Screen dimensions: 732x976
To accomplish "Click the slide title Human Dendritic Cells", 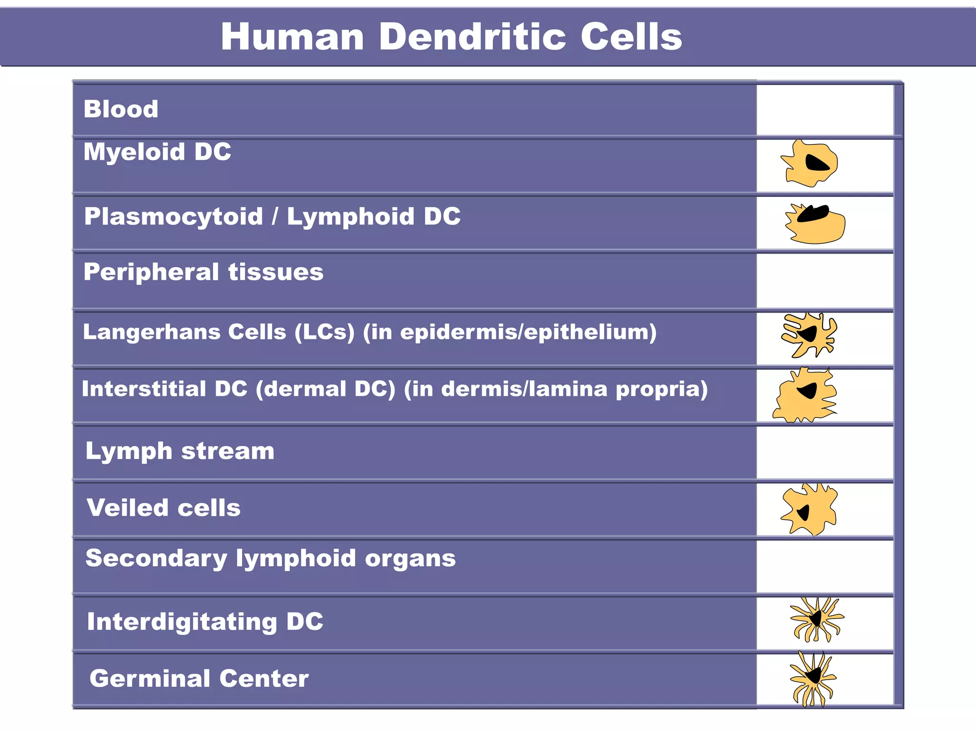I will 451,37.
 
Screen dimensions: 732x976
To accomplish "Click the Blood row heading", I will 121,109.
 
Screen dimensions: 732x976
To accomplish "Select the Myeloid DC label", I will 157,152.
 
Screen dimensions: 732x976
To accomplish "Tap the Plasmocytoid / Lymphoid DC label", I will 272,216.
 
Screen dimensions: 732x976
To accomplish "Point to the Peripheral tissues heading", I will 203,272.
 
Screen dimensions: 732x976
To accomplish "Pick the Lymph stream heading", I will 180,451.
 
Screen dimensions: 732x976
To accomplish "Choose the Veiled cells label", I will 163,508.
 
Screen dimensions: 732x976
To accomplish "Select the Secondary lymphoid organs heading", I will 270,558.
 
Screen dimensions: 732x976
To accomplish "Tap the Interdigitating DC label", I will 205,622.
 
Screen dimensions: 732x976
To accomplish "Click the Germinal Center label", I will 199,679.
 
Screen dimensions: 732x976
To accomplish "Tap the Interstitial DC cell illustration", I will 805,396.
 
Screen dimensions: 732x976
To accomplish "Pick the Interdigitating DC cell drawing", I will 816,619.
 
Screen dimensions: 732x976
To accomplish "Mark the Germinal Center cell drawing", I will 812,678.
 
